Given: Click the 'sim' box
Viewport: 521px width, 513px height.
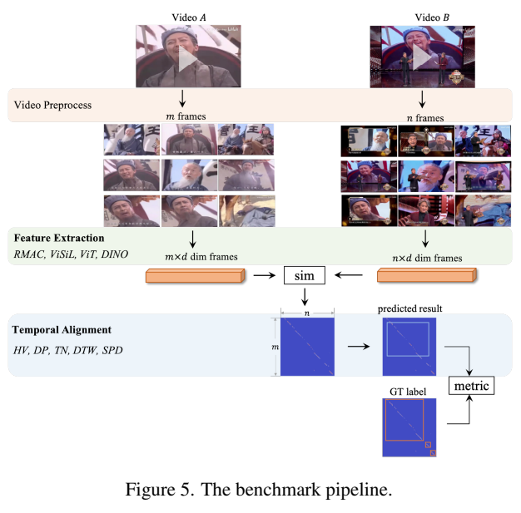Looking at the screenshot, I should pyautogui.click(x=304, y=274).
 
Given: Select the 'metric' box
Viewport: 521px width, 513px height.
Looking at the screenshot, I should pyautogui.click(x=471, y=385).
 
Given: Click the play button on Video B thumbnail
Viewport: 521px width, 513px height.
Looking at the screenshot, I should pyautogui.click(x=423, y=57).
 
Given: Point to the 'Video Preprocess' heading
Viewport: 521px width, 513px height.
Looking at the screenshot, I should pyautogui.click(x=54, y=106).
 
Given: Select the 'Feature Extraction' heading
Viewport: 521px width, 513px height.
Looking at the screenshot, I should pyautogui.click(x=59, y=239).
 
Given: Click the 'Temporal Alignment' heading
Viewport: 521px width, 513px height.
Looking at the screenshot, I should pyautogui.click(x=61, y=331).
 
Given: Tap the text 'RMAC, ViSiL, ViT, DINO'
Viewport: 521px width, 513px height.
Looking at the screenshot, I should pyautogui.click(x=71, y=253).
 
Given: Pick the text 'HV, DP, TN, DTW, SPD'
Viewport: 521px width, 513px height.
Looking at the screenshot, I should pyautogui.click(x=67, y=350).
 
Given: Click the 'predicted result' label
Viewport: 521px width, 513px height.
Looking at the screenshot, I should pyautogui.click(x=409, y=308).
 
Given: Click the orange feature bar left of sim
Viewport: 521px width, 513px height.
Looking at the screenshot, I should pyautogui.click(x=192, y=277).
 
